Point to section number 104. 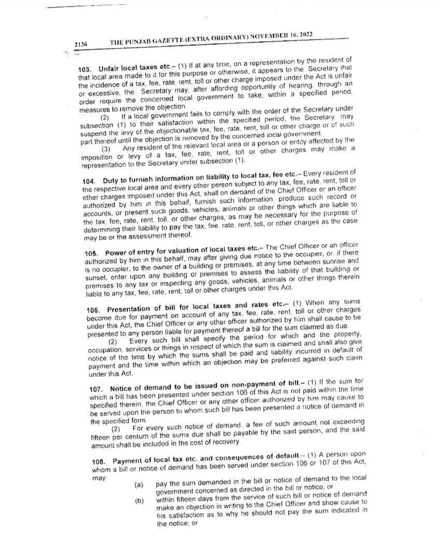click(x=88, y=181)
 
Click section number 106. click(x=93, y=310)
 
